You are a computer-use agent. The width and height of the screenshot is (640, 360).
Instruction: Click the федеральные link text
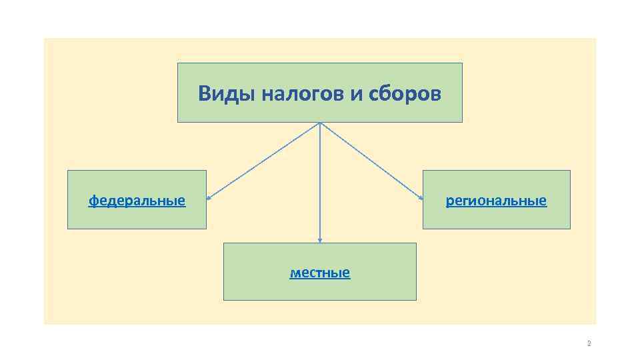click(137, 200)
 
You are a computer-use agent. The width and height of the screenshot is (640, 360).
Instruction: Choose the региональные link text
click(496, 200)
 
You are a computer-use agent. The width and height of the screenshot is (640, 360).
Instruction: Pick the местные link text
click(320, 273)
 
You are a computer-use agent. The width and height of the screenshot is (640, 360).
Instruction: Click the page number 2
click(589, 344)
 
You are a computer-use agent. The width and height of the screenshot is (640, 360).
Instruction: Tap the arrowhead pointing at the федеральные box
click(209, 198)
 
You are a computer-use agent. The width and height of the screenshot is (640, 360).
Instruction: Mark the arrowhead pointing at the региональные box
click(421, 198)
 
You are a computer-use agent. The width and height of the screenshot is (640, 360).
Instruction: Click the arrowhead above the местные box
click(320, 240)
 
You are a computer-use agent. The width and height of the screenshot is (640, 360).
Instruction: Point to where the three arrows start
click(320, 123)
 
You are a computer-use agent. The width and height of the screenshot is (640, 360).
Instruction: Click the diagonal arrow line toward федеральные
click(263, 161)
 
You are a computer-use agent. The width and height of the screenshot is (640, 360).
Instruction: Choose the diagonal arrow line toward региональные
click(371, 161)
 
